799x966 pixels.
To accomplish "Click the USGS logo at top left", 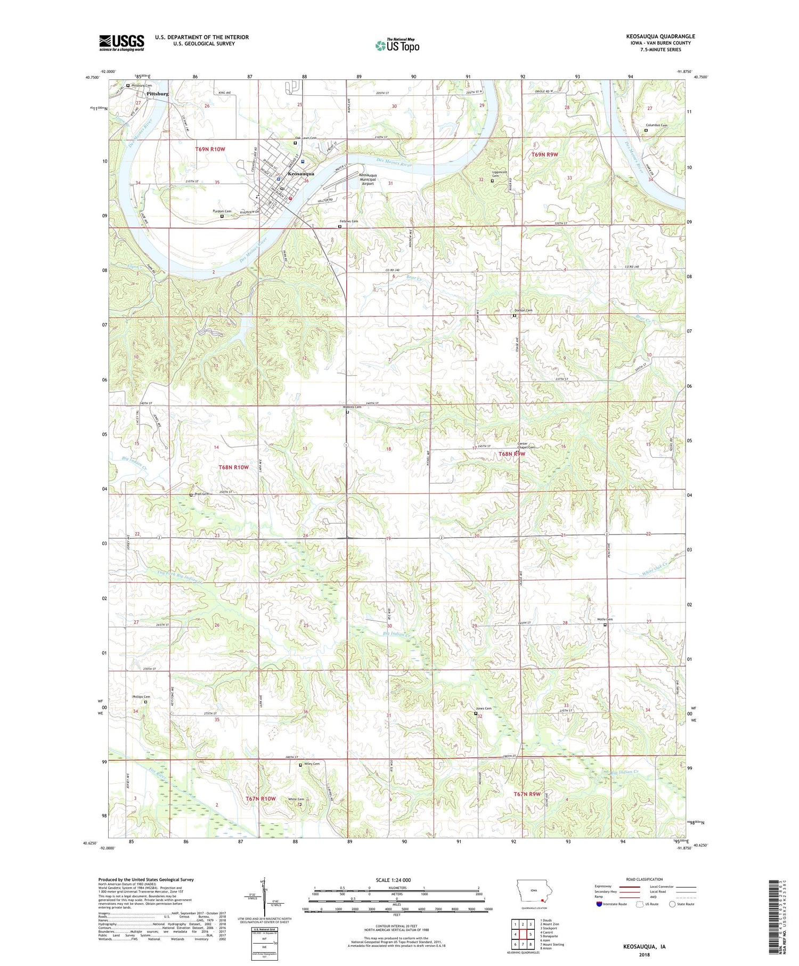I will pyautogui.click(x=121, y=43).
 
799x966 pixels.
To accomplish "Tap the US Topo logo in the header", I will pyautogui.click(x=397, y=46).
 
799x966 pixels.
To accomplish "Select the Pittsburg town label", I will pyautogui.click(x=157, y=94).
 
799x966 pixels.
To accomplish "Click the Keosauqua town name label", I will pyautogui.click(x=301, y=174).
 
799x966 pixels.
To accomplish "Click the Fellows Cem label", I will pyautogui.click(x=349, y=221).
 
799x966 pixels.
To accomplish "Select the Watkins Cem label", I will pyautogui.click(x=352, y=407).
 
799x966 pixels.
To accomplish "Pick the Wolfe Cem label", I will pyautogui.click(x=605, y=619).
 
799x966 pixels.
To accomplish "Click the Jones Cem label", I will pyautogui.click(x=483, y=708).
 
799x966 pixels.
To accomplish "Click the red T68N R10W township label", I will pyautogui.click(x=234, y=467).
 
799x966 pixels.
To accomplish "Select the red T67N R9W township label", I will pyautogui.click(x=527, y=794).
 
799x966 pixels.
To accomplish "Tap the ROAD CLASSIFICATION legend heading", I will pyautogui.click(x=645, y=879).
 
